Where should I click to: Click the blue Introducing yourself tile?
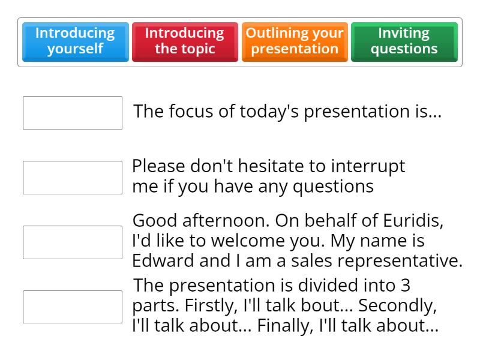75,41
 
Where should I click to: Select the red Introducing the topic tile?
185,41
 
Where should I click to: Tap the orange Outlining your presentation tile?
295,41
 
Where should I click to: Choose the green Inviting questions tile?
404,41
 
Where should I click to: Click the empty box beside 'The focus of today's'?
73,113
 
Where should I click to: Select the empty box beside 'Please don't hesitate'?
73,178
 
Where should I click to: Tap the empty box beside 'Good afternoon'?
73,242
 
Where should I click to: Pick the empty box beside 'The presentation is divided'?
73,307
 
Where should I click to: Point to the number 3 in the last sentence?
406,285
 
